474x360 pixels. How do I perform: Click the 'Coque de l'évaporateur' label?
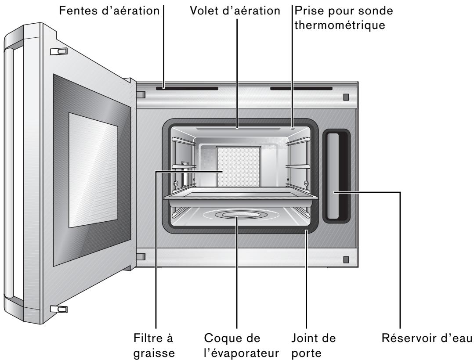(x=236, y=346)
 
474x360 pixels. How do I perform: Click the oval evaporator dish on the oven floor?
(x=237, y=215)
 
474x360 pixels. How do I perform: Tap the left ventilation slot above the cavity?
(x=187, y=88)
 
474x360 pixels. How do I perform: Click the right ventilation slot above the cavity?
(x=301, y=88)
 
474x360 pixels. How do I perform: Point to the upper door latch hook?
(x=59, y=51)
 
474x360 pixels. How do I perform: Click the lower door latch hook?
(x=59, y=309)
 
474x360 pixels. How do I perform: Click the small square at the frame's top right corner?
(x=346, y=97)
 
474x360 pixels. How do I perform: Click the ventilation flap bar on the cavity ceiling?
(x=237, y=129)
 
